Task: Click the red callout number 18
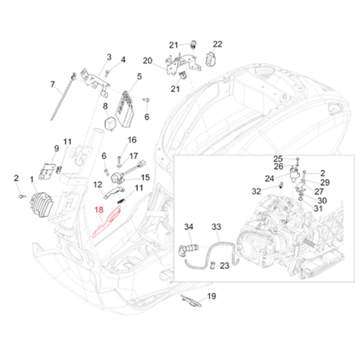point(100,210)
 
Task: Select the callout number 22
point(217,44)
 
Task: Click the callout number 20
point(147,60)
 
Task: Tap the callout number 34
point(188,227)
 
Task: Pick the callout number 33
point(216,227)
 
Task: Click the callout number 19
point(211,296)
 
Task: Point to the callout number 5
point(139,76)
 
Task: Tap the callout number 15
point(145,177)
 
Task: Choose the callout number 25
point(278,158)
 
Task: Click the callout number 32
point(256,191)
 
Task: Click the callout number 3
point(109,57)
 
